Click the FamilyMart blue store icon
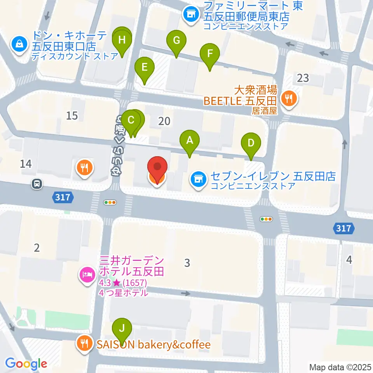pos(190,15)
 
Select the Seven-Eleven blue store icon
pos(198,179)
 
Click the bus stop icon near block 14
pos(37,184)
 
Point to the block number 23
pos(303,78)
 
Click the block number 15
pos(72,115)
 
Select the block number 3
pos(187,263)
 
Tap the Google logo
pos(26,364)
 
